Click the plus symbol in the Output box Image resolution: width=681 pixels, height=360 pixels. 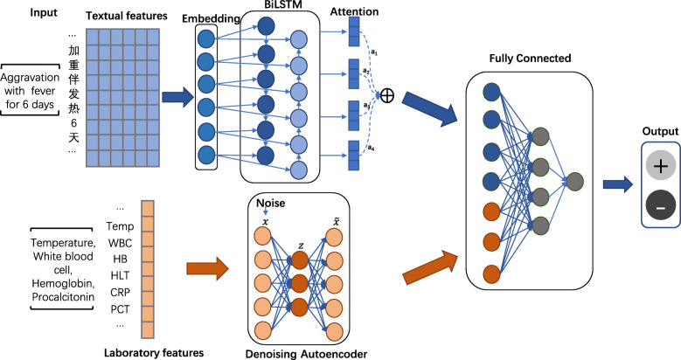[x=661, y=166]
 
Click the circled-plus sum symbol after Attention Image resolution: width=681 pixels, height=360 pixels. [x=386, y=95]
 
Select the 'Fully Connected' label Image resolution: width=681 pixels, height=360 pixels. [x=530, y=59]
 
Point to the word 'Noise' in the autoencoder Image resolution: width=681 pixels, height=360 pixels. [x=271, y=203]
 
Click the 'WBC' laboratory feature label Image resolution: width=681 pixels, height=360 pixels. [x=120, y=243]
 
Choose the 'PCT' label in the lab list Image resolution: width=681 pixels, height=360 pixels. [x=120, y=309]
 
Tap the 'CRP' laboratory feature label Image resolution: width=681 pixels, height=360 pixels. [x=120, y=293]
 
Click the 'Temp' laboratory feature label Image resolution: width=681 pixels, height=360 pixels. [x=120, y=226]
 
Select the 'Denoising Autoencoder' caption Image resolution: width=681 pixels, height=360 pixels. [x=306, y=354]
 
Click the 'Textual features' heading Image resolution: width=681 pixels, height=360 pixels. [x=127, y=16]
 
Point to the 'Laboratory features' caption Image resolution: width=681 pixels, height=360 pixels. [x=154, y=353]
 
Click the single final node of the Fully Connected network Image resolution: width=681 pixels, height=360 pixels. [x=575, y=182]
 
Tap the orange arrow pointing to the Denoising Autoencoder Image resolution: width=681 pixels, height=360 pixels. [x=207, y=269]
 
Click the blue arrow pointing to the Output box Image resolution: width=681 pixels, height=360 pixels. [x=617, y=184]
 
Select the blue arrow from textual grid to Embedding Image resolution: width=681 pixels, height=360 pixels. [x=177, y=97]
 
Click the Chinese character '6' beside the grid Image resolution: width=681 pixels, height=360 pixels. [x=73, y=123]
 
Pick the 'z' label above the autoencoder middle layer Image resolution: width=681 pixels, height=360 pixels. [x=301, y=246]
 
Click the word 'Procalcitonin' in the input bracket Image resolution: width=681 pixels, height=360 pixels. [x=63, y=297]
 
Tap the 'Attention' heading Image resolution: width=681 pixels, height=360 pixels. [x=354, y=11]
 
